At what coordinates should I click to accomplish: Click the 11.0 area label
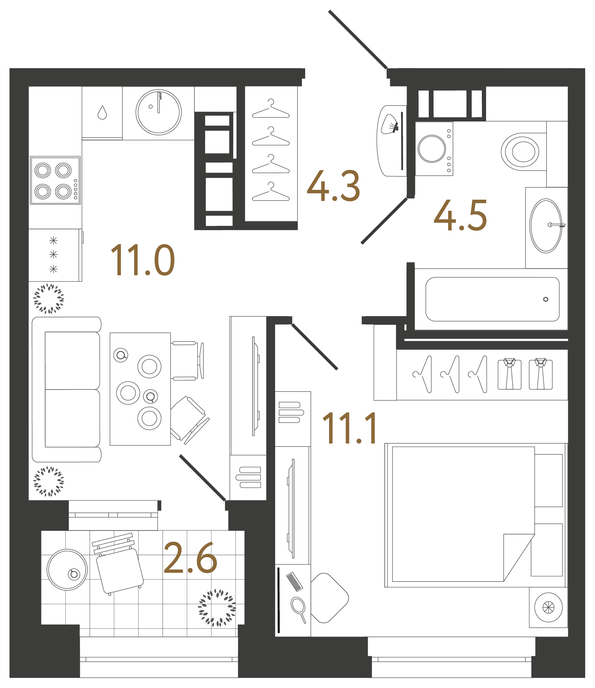tap(142, 260)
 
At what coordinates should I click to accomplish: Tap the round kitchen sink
tap(158, 112)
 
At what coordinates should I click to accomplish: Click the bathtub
tap(492, 299)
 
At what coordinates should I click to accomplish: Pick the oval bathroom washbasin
tap(545, 226)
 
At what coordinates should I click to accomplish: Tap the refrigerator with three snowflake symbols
tap(54, 255)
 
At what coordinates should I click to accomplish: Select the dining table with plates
tap(140, 389)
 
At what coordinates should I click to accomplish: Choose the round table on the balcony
tap(67, 570)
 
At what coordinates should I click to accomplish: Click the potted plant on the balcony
tap(217, 607)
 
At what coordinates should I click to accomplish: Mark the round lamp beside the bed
tap(548, 607)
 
